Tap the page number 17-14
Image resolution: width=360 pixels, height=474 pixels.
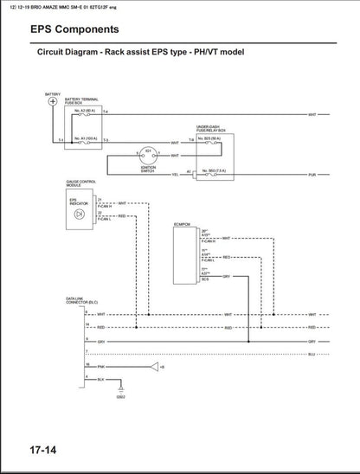pos(32,448)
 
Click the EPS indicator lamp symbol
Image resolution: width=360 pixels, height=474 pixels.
pos(79,212)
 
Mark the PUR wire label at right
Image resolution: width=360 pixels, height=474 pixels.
pos(311,175)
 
